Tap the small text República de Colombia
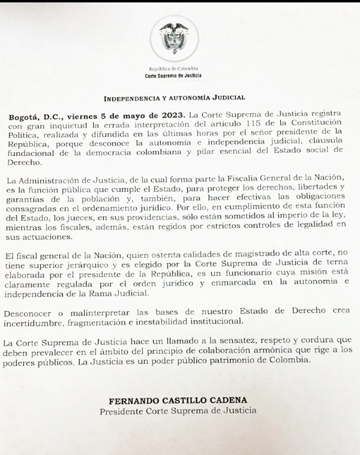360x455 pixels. pos(174,69)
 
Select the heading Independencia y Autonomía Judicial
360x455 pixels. pos(174,98)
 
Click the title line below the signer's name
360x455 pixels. pos(178,410)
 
